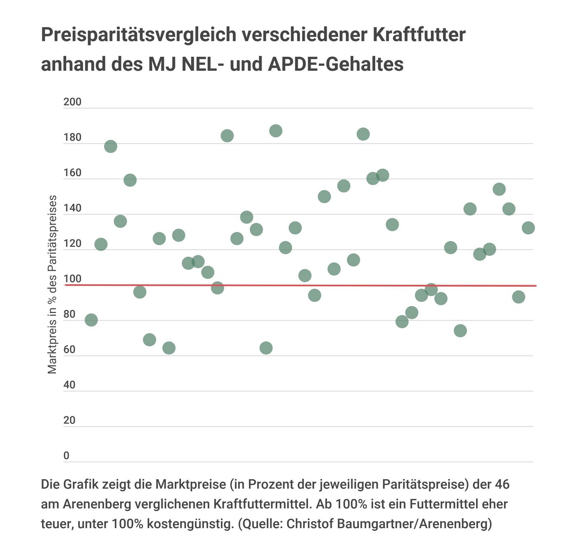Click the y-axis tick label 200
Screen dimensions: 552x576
[x=72, y=102]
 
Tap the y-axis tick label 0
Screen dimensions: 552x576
[x=66, y=456]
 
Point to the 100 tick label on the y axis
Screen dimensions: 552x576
[x=72, y=279]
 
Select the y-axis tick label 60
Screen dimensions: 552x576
[x=70, y=350]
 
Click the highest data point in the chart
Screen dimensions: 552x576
[x=276, y=131]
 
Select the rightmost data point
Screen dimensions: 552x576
[x=528, y=227]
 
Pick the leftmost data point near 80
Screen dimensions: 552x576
[x=91, y=320]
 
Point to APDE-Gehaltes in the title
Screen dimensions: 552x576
[x=335, y=64]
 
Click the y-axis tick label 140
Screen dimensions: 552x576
[x=72, y=208]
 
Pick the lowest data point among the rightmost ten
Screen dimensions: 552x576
[x=460, y=330]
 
